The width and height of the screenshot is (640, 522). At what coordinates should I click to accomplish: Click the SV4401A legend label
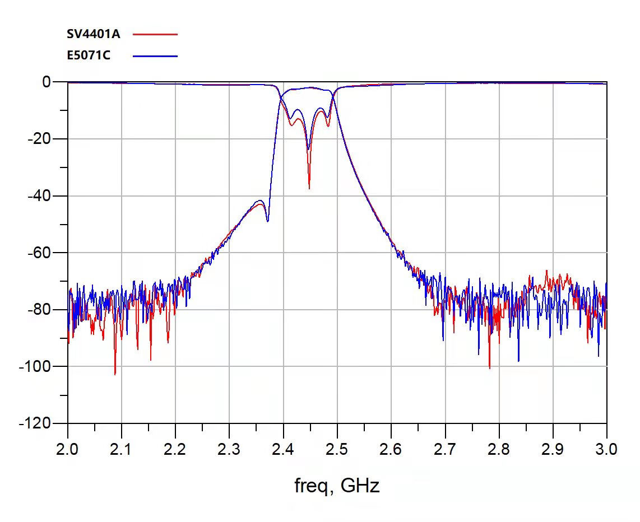[x=94, y=34]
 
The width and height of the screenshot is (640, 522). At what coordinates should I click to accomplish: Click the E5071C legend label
[x=89, y=55]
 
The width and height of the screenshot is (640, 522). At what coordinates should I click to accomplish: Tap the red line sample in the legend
[x=155, y=34]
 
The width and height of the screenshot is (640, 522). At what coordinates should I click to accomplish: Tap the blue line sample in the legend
[x=155, y=55]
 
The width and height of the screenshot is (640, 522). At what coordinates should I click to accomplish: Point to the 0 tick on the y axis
[x=47, y=82]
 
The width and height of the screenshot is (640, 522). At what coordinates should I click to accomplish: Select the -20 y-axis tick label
[x=39, y=139]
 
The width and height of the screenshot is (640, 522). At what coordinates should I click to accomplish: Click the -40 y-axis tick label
[x=39, y=196]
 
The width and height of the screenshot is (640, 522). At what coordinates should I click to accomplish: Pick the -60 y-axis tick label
[x=39, y=253]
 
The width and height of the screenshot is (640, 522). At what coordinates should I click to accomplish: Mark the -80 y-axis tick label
[x=39, y=309]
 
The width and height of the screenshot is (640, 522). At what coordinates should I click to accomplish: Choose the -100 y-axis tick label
[x=36, y=366]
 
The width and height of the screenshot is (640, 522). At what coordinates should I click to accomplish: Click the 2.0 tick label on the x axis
[x=68, y=449]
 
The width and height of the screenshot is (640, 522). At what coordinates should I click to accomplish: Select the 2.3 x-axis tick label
[x=229, y=449]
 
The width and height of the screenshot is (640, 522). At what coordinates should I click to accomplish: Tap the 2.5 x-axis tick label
[x=337, y=449]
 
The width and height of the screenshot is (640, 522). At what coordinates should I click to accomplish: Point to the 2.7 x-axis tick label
[x=445, y=449]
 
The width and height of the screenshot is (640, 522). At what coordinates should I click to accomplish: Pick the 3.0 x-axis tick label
[x=606, y=449]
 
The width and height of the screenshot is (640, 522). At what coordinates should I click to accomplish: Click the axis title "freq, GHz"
[x=337, y=485]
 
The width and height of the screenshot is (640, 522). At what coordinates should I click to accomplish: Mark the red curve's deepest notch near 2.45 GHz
[x=309, y=188]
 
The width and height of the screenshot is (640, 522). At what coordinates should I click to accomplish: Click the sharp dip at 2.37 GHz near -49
[x=267, y=221]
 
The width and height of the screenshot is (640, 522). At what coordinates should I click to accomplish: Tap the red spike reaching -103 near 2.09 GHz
[x=115, y=374]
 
